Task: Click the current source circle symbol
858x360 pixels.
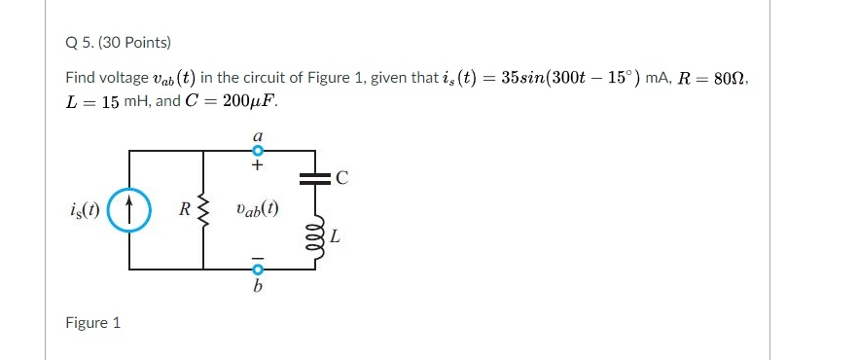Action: [x=130, y=210]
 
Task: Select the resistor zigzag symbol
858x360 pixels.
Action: [x=203, y=209]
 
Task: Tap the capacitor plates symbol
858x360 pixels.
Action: [x=313, y=178]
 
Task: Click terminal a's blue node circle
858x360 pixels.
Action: [x=259, y=151]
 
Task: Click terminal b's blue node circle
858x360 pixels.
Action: [x=259, y=270]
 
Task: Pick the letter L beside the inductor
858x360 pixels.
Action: [x=336, y=235]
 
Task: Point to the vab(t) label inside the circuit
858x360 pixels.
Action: [x=257, y=209]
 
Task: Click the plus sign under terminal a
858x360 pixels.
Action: [x=259, y=166]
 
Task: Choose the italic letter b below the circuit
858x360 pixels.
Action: [x=259, y=287]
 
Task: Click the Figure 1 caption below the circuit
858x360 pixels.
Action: [x=92, y=322]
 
